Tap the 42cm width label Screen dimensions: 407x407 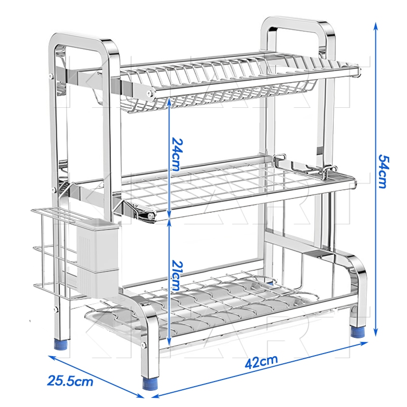[x=261, y=361]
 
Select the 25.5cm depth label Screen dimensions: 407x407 [x=70, y=381]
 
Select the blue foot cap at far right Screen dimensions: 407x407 [x=358, y=332]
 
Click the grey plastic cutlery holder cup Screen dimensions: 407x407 [x=98, y=257]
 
